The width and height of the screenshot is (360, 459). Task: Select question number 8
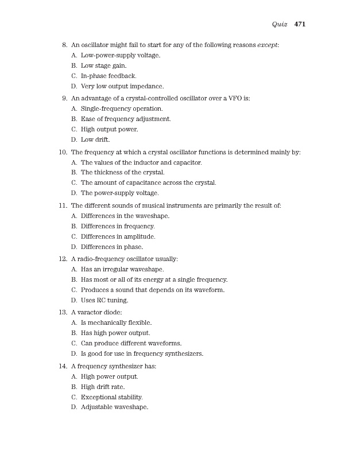64,44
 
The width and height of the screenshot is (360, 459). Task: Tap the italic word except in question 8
266,44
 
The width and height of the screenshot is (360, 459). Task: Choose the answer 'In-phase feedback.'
108,76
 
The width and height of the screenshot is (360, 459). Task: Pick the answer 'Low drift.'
95,139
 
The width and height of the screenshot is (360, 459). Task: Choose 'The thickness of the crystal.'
122,172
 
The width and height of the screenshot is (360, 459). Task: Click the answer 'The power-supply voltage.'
119,193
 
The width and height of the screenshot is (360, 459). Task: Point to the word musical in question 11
169,205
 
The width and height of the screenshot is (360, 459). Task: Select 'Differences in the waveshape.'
125,216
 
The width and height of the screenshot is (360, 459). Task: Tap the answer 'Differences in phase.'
111,247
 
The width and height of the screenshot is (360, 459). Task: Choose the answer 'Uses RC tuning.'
104,300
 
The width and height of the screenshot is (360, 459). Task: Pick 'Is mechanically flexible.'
115,323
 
